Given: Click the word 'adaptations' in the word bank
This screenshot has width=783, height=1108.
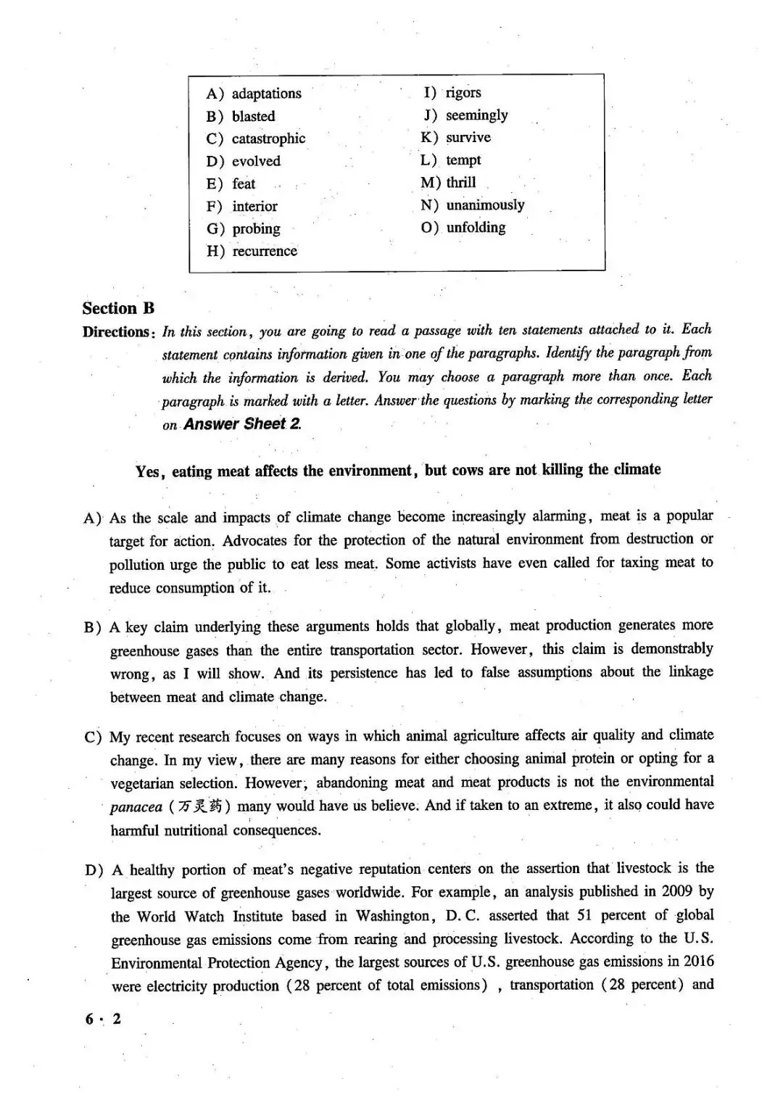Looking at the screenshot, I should coord(266,94).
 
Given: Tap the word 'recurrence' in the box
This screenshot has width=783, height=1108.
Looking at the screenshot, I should coord(265,251).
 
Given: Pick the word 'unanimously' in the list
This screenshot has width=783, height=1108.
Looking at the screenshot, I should coord(485,205).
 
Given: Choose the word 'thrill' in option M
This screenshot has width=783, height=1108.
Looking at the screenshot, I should coord(461,183).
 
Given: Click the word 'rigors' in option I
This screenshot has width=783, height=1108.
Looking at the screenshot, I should coord(463,93).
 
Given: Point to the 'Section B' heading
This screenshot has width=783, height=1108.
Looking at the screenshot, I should coord(118,308).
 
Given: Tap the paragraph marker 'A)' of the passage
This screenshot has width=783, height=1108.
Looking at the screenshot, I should coord(92,518).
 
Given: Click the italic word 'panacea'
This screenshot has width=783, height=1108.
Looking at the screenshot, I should coord(136,807).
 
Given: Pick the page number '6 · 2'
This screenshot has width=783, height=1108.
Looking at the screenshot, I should coord(102,1019).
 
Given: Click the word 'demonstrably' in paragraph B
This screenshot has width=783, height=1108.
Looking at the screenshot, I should coord(672,649).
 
